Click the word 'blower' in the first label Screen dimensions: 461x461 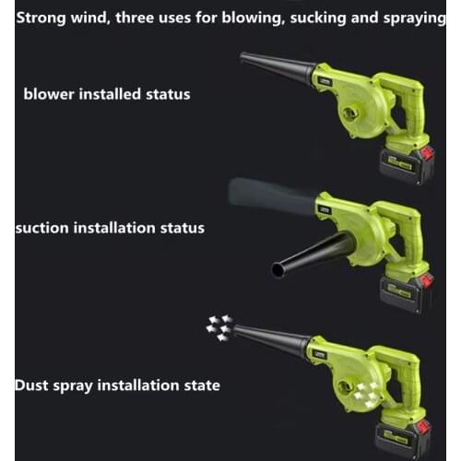(x=49, y=94)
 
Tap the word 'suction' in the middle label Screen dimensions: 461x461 (x=42, y=228)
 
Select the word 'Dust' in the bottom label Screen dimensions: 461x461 (x=31, y=385)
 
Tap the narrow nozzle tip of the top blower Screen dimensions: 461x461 (x=242, y=58)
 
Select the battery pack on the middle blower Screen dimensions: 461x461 (x=406, y=292)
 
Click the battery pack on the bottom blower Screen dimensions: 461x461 (x=403, y=440)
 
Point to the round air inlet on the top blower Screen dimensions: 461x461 (x=350, y=113)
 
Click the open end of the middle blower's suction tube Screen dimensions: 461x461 (x=278, y=270)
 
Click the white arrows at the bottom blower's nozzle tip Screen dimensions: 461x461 (x=219, y=328)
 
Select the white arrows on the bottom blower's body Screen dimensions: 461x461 (x=366, y=394)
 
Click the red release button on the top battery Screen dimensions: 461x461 (x=427, y=154)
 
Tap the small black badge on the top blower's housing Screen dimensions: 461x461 (x=324, y=81)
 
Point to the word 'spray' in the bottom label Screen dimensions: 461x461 (x=73, y=386)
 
